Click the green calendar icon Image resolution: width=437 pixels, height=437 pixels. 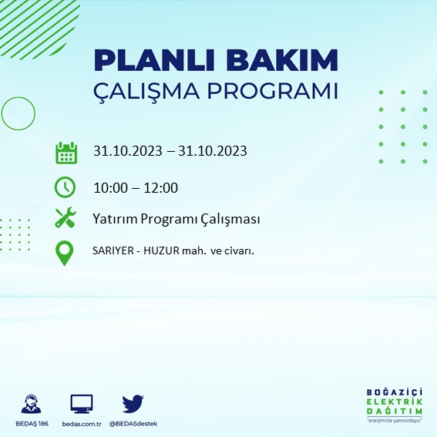click(x=66, y=152)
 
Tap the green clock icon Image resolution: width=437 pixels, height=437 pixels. click(x=66, y=187)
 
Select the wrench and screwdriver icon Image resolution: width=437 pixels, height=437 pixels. click(x=66, y=218)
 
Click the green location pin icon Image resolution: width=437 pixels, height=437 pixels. click(x=66, y=253)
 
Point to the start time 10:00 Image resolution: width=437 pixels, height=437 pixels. click(x=109, y=187)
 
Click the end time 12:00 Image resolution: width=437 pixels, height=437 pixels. click(x=161, y=187)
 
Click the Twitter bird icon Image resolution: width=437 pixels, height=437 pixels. click(x=133, y=403)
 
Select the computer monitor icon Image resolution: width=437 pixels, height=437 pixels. click(x=81, y=403)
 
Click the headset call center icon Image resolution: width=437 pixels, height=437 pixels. click(x=32, y=404)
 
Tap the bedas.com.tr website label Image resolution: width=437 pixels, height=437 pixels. click(x=81, y=424)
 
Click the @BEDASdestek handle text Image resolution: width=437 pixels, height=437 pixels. click(x=133, y=424)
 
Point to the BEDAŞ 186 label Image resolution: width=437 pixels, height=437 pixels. click(x=32, y=424)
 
